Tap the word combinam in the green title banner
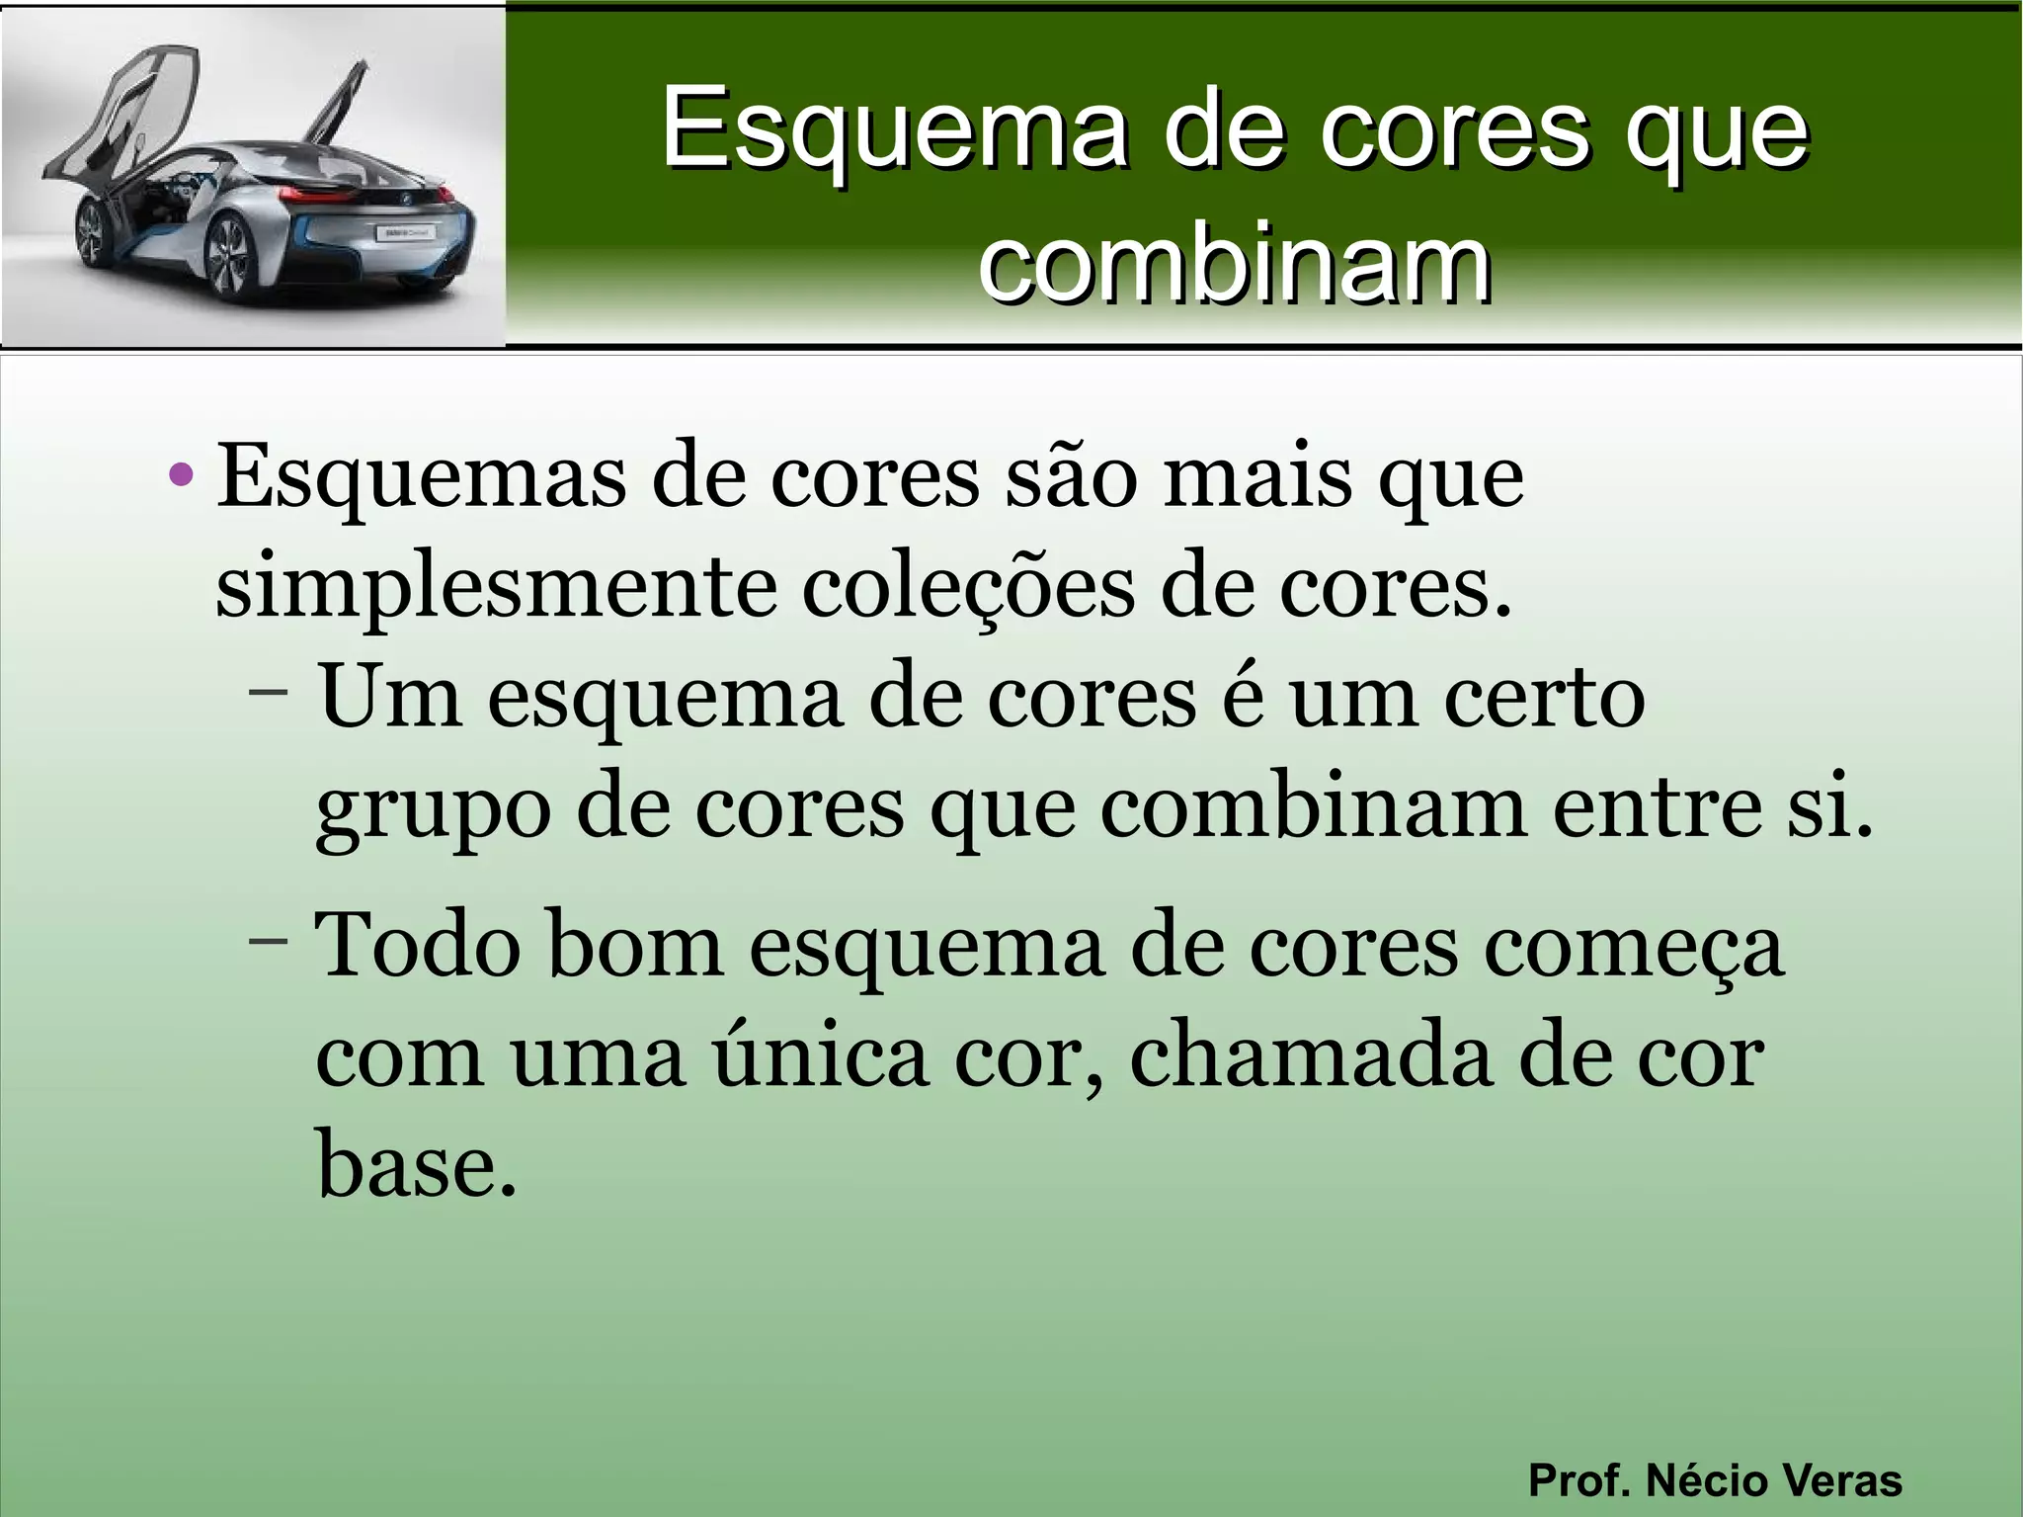pyautogui.click(x=1235, y=263)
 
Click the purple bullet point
pyautogui.click(x=181, y=475)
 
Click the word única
pyautogui.click(x=820, y=1056)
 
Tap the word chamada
pyautogui.click(x=1310, y=1056)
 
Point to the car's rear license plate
pyautogui.click(x=404, y=233)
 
